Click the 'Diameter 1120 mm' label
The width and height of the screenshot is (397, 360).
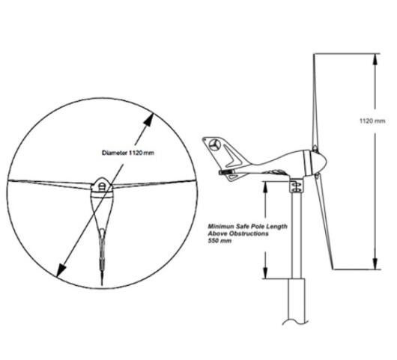click(128, 153)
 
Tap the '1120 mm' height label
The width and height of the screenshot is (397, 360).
click(372, 121)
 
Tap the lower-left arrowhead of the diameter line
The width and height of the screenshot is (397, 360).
click(61, 270)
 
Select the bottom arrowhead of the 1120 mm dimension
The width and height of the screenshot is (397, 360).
click(376, 263)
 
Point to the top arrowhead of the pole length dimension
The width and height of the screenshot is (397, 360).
click(265, 187)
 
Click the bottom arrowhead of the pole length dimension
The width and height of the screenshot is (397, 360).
click(265, 273)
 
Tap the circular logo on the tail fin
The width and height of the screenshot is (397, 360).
click(215, 145)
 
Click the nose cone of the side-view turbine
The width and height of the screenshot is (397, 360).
click(318, 162)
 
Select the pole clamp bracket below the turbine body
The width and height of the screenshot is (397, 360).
click(296, 186)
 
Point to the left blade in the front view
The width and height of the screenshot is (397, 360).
click(49, 184)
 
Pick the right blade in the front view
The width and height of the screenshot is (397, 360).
click(154, 184)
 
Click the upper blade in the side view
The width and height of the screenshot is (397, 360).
click(315, 101)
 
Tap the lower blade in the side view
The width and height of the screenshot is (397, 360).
click(324, 221)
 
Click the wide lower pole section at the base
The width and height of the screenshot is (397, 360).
click(297, 301)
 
